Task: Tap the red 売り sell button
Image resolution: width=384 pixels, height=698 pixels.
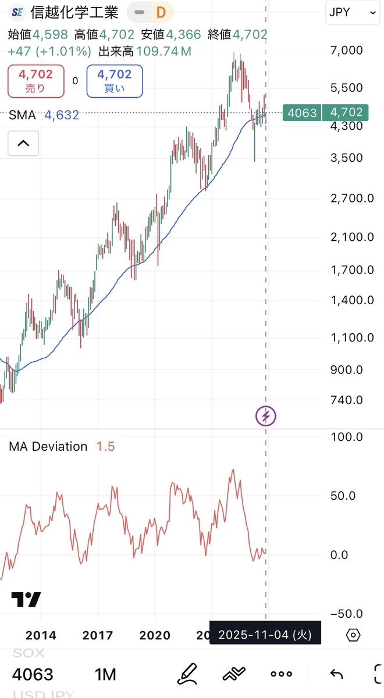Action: point(35,81)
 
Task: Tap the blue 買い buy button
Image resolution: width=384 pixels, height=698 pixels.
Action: point(114,81)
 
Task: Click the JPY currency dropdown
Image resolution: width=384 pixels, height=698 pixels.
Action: point(351,12)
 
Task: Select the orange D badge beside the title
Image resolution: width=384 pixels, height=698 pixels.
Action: point(161,12)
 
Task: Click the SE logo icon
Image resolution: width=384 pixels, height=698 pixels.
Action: point(17,12)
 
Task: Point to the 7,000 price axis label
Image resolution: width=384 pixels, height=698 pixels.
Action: point(346,51)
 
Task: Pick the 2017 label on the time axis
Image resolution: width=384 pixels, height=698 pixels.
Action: point(98,635)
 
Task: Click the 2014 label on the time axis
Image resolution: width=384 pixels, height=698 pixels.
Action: point(41,635)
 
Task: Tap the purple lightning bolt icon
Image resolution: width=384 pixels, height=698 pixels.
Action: point(266,416)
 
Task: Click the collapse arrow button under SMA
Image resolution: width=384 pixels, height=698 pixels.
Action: point(23,143)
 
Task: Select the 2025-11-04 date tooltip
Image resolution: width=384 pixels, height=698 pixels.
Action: point(265,634)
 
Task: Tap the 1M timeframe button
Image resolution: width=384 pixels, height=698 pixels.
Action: point(105,674)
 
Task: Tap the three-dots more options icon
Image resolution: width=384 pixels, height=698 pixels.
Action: point(282,674)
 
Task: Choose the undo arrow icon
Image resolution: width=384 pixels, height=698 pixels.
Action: point(336,674)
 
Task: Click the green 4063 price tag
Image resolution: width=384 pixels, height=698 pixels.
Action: point(302,112)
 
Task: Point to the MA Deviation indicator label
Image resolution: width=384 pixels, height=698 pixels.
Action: point(48,447)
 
